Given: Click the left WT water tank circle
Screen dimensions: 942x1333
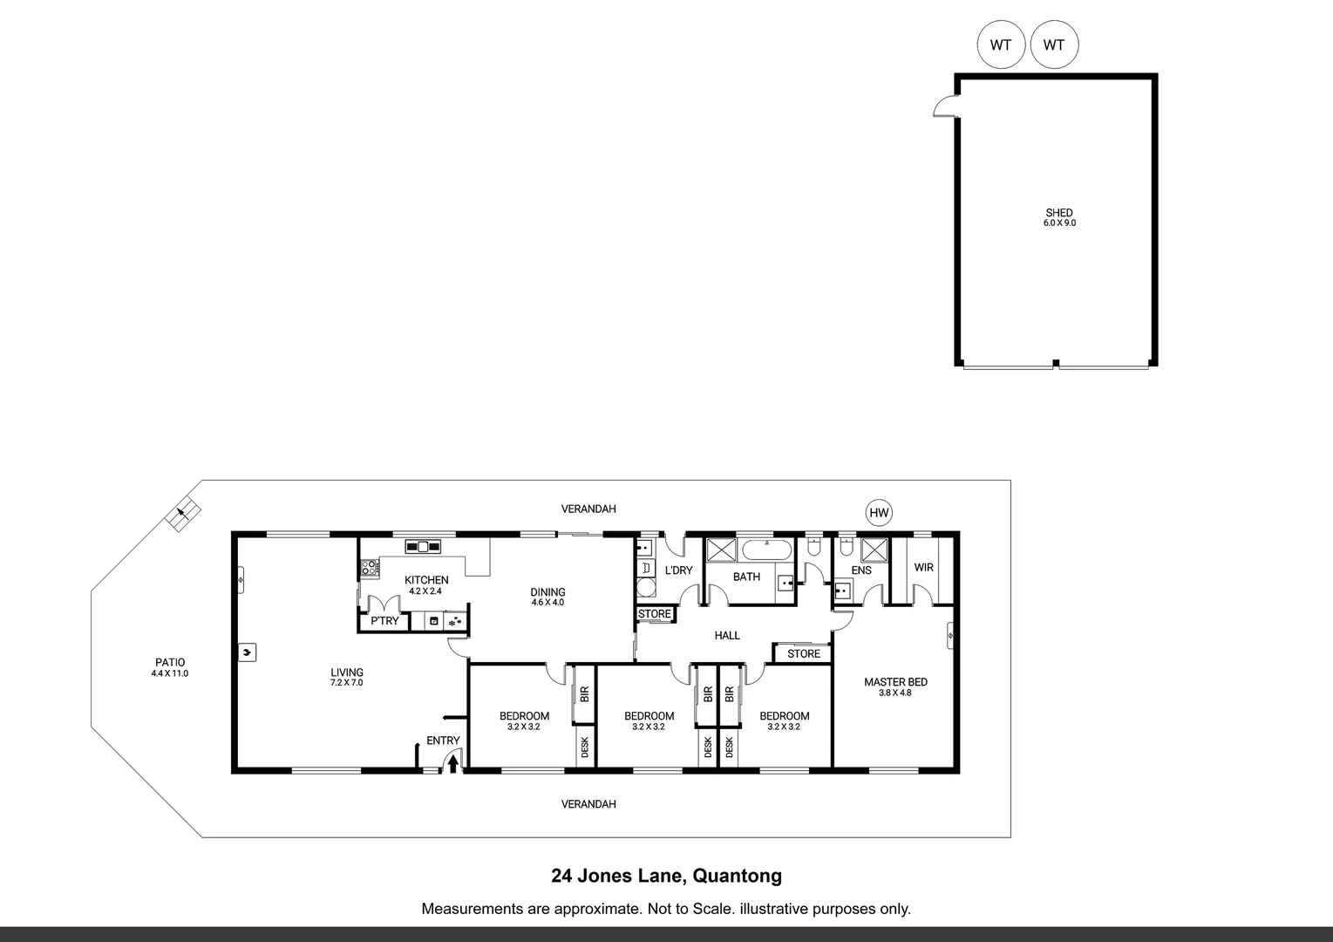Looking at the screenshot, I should (1001, 44).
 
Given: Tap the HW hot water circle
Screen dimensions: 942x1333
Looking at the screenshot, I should (879, 513).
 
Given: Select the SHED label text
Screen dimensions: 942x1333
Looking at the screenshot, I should (1059, 213).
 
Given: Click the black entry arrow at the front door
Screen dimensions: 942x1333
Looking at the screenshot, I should (453, 764).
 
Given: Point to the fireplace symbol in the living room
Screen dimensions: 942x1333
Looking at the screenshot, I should (248, 652).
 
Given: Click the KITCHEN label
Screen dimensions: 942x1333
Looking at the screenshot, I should (426, 580).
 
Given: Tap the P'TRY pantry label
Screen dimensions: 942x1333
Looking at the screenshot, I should (384, 621).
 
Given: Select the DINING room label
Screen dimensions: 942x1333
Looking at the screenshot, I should (547, 592).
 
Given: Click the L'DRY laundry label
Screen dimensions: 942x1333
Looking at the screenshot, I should (678, 570).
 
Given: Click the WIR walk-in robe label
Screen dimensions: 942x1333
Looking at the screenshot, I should (923, 567).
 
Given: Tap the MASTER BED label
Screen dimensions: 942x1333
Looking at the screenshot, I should (895, 682).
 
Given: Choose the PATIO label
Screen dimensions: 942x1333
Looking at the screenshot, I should (169, 663).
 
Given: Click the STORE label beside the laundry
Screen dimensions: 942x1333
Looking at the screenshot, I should (654, 614).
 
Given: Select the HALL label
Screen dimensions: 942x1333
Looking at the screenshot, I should (727, 635).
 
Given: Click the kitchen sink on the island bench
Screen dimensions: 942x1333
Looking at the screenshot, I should (423, 547).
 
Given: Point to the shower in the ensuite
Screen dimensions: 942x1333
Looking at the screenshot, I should (874, 549).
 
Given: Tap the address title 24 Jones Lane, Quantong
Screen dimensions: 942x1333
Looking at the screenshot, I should (666, 876).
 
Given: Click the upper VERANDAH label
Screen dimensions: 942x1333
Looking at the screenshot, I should (588, 509).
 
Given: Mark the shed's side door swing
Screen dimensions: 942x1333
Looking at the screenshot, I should (944, 106).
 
